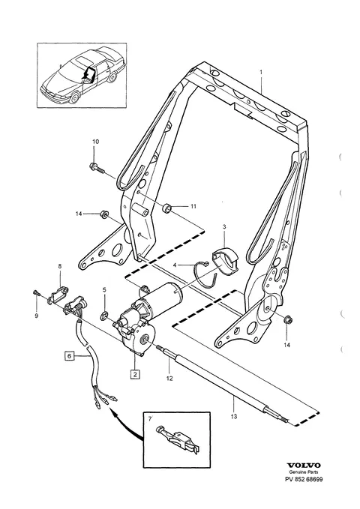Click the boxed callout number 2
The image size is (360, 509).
pyautogui.click(x=135, y=374)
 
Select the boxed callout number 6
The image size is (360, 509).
pyautogui.click(x=69, y=356)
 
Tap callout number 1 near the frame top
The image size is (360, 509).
pyautogui.click(x=261, y=72)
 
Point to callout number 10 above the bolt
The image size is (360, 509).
pyautogui.click(x=95, y=142)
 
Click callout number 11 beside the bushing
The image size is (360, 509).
pyautogui.click(x=193, y=206)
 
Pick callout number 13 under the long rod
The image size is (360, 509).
pyautogui.click(x=234, y=417)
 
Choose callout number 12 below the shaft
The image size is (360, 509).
pyautogui.click(x=169, y=379)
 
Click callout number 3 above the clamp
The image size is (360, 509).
pyautogui.click(x=224, y=226)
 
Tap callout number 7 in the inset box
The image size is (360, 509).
pyautogui.click(x=150, y=419)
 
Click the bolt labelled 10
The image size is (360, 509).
pyautogui.click(x=96, y=168)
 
